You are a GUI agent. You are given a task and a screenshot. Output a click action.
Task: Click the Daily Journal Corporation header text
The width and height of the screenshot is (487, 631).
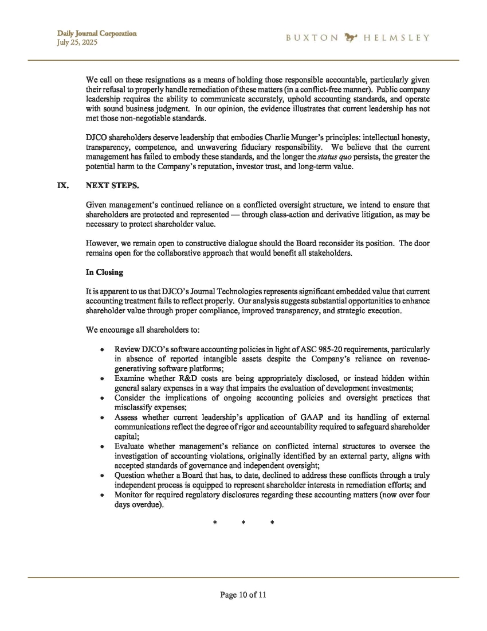pos(96,33)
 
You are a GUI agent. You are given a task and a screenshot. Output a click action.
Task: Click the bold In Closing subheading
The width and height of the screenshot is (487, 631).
pos(104,272)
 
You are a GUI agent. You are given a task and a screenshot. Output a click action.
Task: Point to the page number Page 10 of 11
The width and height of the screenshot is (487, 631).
pos(243,595)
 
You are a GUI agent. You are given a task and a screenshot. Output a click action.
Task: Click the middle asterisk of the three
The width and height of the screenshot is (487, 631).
pos(244,523)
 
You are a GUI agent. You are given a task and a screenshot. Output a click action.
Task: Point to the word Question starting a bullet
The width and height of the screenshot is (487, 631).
pos(131,475)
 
